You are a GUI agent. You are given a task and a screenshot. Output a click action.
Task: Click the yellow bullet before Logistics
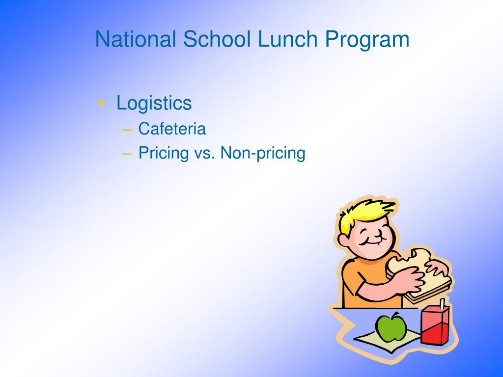101,103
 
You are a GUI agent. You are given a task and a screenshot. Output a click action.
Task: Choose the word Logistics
154,104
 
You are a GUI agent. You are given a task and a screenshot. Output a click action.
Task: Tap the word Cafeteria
172,129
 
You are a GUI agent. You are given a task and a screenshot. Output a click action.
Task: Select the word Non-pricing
263,153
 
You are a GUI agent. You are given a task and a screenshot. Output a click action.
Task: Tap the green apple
391,327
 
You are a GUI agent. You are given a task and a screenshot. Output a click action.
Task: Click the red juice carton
434,325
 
